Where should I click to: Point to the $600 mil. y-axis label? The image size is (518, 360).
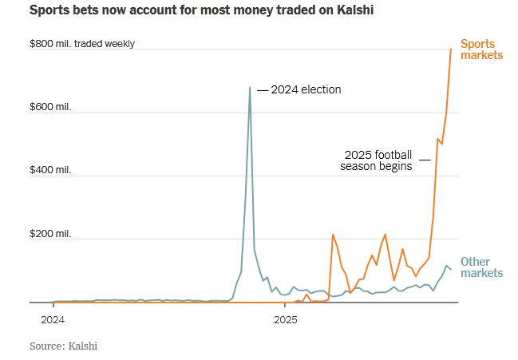click(50, 107)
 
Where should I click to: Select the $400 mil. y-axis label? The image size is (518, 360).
click(50, 170)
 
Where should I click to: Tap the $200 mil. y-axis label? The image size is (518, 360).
click(50, 234)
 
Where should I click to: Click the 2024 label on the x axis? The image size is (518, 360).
click(53, 321)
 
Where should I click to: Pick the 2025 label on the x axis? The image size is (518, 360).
click(285, 321)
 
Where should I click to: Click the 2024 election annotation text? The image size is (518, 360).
click(306, 89)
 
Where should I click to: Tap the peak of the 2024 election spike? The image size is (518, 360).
click(250, 87)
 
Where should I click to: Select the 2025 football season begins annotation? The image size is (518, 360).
click(378, 160)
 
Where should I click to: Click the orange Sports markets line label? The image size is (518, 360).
click(481, 49)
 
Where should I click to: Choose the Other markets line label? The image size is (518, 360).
click(481, 267)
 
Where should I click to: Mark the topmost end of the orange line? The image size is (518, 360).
click(451, 49)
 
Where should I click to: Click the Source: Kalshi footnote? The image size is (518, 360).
click(64, 346)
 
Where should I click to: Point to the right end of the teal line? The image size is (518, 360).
click(451, 269)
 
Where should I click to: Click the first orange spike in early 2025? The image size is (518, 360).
click(333, 235)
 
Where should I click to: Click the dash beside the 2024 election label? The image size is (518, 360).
click(263, 89)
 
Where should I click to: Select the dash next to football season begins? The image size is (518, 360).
click(424, 160)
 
